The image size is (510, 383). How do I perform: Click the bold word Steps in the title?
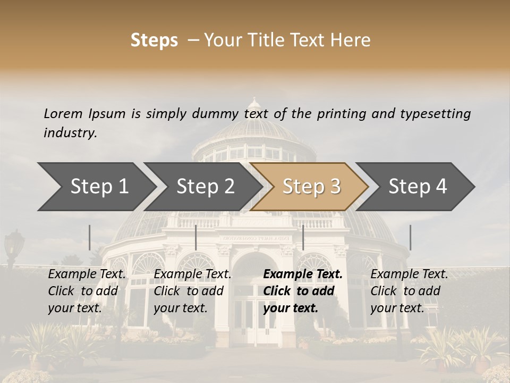click(x=154, y=40)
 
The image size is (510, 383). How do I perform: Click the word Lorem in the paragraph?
click(x=63, y=113)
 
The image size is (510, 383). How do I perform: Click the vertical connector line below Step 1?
click(x=90, y=237)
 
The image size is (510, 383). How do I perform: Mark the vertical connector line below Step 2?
click(x=196, y=237)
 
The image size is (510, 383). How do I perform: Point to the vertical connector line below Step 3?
click(x=303, y=237)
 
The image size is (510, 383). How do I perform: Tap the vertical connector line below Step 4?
click(x=410, y=237)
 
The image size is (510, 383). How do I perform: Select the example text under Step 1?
click(x=87, y=291)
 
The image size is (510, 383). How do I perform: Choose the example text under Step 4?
click(x=409, y=291)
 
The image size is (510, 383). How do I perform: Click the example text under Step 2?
click(x=192, y=291)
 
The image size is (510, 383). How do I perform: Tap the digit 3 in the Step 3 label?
click(x=335, y=187)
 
